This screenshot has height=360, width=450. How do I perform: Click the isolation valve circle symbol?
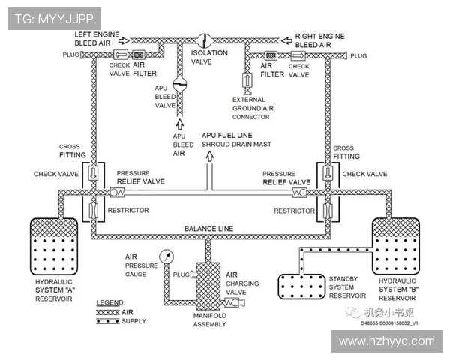[x=203, y=40]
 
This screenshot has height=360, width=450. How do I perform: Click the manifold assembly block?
[x=203, y=281]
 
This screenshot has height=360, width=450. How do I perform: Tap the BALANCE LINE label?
[x=208, y=228]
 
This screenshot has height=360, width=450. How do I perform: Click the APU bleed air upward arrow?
[x=180, y=124]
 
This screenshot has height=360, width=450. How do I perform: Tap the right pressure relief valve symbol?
[x=299, y=192]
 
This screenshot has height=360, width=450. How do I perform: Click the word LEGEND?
[x=110, y=301]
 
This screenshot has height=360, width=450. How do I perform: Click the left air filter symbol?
[x=139, y=55]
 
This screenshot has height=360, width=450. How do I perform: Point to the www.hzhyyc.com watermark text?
[x=386, y=341]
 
